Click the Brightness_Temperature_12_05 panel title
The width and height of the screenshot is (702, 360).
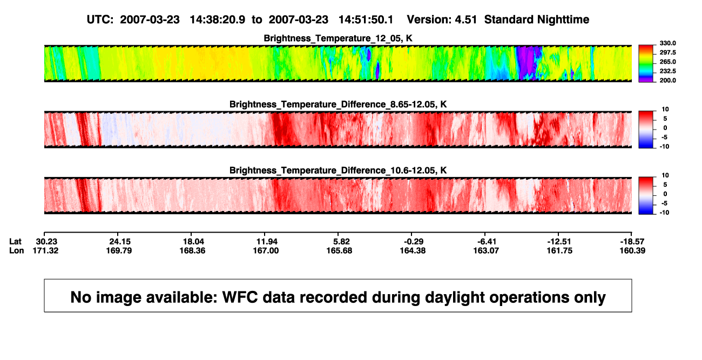(x=338, y=38)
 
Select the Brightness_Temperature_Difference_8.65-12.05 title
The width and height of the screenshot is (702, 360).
(x=338, y=104)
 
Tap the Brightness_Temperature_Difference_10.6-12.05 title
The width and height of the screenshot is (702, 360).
(x=338, y=171)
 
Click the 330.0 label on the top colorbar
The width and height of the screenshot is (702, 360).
(x=667, y=43)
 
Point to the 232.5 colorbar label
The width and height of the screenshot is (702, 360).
(x=667, y=71)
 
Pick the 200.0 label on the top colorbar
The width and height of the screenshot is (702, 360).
(x=667, y=80)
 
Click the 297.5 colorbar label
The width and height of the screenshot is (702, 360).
(x=667, y=53)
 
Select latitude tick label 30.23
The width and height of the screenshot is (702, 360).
(x=46, y=242)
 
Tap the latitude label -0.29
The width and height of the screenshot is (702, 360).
(x=414, y=242)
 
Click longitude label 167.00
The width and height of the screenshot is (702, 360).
(x=266, y=250)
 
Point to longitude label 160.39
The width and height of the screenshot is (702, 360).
(x=632, y=250)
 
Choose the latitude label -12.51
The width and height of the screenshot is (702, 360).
(x=559, y=242)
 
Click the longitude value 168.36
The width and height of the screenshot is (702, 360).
(x=192, y=250)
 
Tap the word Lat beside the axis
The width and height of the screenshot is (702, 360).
(x=15, y=242)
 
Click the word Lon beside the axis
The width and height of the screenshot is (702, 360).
(x=17, y=250)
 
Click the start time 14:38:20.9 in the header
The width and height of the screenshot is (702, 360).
(x=218, y=20)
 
